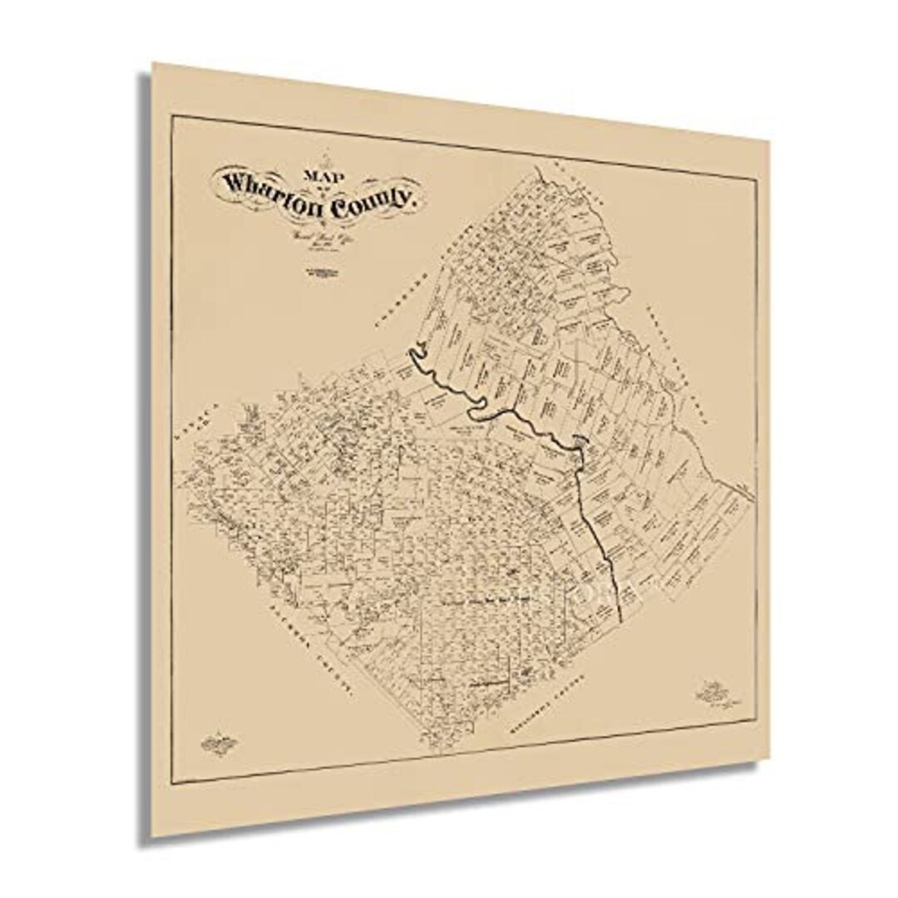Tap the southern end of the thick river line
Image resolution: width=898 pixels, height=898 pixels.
(623, 617)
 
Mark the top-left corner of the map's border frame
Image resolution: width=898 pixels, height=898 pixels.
(173, 116)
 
